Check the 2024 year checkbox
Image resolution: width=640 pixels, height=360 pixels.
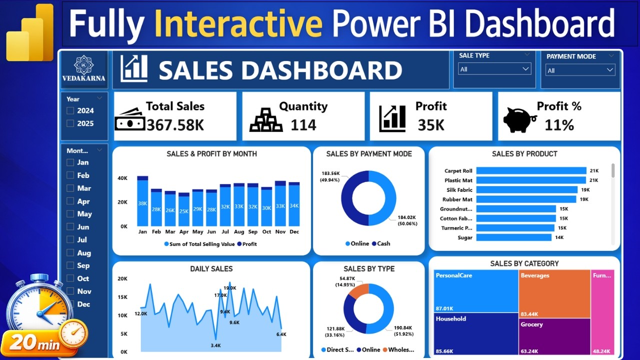(x=70, y=111)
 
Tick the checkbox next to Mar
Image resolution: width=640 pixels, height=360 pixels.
(x=70, y=188)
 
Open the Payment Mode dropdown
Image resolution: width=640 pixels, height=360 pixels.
(x=580, y=70)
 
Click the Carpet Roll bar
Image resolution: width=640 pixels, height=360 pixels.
(x=530, y=171)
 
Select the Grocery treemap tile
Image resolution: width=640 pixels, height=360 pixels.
(x=554, y=336)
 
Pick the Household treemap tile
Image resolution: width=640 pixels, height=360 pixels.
(x=475, y=333)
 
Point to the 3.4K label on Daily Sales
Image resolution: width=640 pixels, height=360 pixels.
(x=216, y=345)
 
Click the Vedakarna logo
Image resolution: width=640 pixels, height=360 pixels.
(x=83, y=69)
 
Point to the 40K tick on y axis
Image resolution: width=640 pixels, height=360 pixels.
(x=122, y=178)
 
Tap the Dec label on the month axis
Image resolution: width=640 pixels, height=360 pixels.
(x=294, y=232)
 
